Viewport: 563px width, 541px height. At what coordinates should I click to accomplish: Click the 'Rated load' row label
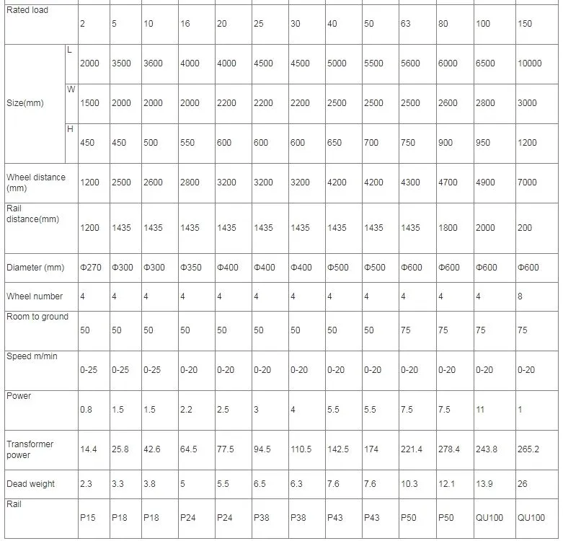(27, 10)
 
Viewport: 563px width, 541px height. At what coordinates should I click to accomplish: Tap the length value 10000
(529, 63)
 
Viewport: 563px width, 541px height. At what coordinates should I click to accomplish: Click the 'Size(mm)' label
(25, 103)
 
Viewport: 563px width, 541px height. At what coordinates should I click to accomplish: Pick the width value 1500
(89, 103)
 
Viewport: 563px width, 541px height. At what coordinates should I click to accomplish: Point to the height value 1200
(527, 143)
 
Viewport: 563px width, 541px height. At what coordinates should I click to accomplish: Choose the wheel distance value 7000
(527, 182)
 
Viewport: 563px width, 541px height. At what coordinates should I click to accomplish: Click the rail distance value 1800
(448, 228)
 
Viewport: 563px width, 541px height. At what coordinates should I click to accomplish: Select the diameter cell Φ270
(90, 268)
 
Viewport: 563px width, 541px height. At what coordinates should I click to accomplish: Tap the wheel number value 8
(520, 296)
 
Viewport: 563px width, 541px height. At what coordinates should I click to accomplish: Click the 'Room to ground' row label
(37, 317)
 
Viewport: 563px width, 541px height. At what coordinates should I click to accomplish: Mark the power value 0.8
(86, 410)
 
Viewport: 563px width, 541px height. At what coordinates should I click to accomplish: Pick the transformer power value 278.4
(449, 449)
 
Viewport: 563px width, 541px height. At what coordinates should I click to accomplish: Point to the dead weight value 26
(523, 484)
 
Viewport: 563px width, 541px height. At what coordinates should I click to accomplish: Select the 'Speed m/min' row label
(31, 356)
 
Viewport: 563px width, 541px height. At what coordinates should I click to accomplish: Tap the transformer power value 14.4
(88, 449)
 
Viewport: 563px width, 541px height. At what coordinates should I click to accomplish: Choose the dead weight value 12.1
(446, 484)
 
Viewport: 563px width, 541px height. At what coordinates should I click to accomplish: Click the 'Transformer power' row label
(30, 449)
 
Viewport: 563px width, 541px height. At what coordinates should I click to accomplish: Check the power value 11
(479, 410)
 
